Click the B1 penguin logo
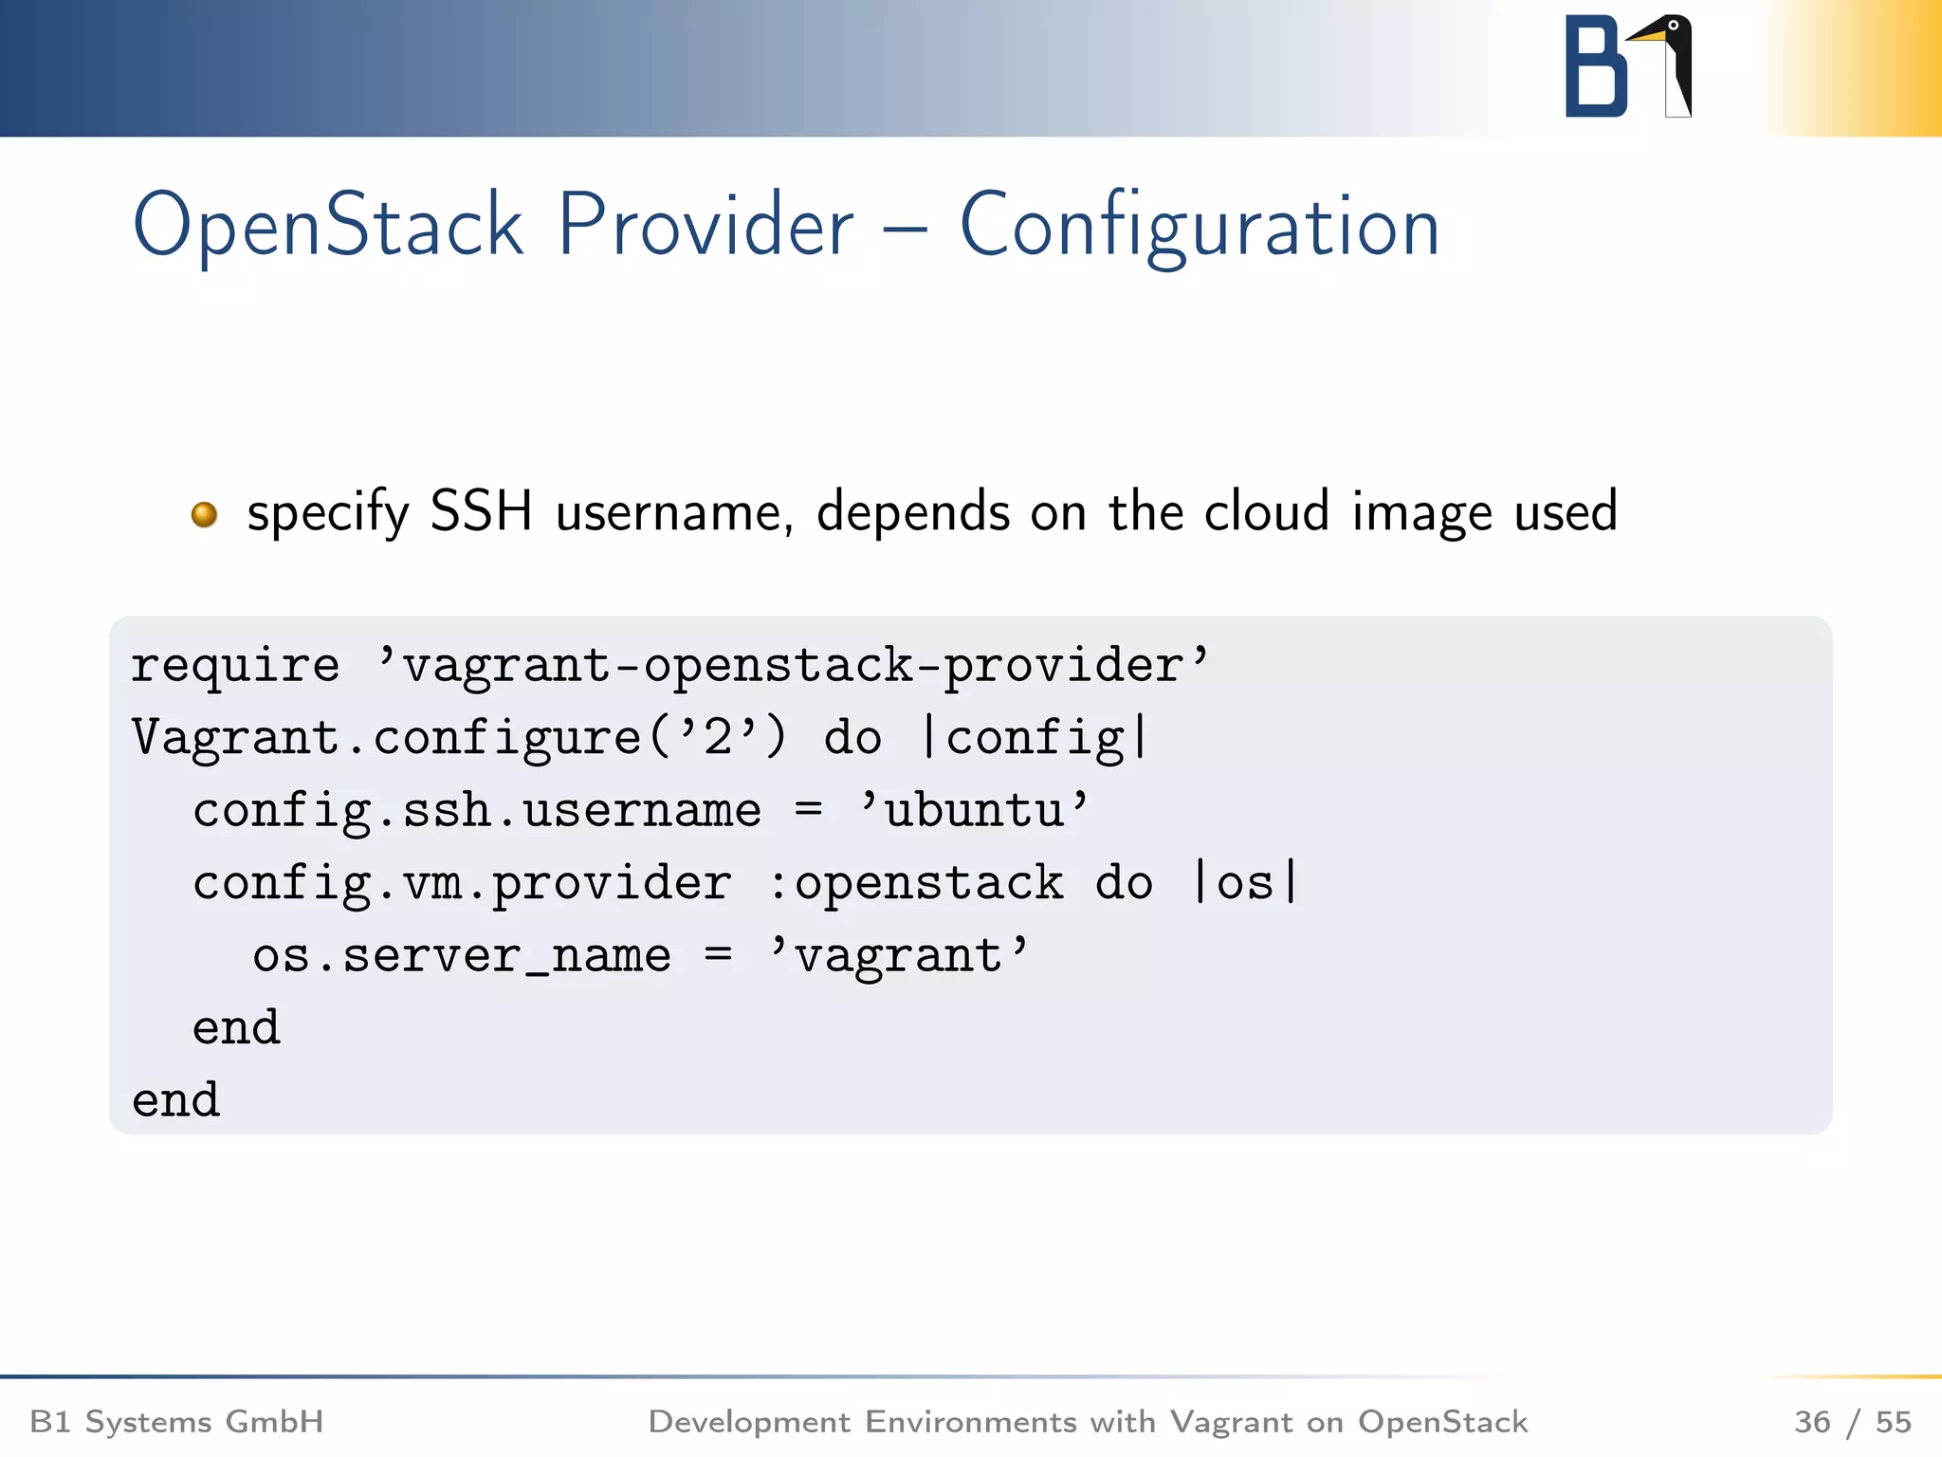point(1627,66)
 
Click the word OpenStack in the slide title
point(327,226)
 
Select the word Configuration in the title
point(1199,226)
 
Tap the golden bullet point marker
point(204,514)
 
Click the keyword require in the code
point(234,665)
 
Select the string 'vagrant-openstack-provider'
point(793,665)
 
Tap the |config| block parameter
point(1035,738)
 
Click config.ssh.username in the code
point(476,811)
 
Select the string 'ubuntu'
point(974,811)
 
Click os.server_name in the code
point(461,956)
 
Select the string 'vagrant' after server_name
point(898,956)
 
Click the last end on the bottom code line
point(176,1101)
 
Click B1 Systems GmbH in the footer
point(176,1422)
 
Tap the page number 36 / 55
point(1852,1422)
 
